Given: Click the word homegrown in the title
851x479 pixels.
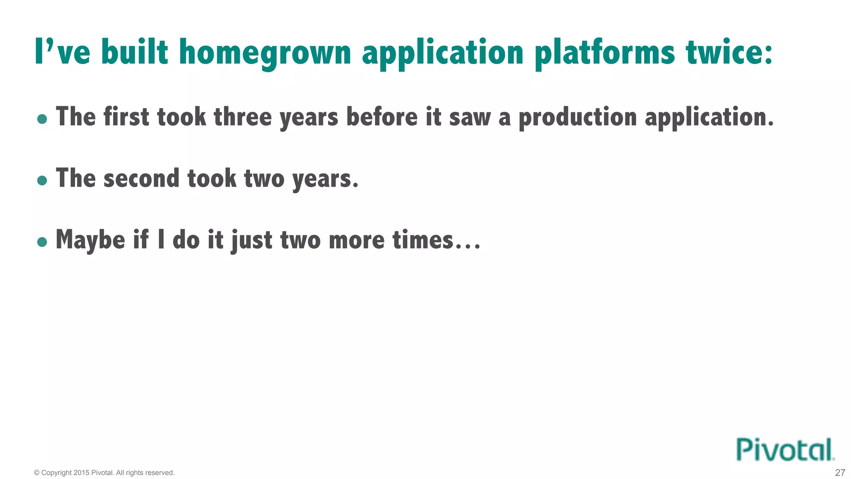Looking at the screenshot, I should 265,53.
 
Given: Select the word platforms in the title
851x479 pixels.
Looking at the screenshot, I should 605,53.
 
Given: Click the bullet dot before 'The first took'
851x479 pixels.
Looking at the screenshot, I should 42,119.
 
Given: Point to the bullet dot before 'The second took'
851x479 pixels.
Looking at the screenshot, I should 42,180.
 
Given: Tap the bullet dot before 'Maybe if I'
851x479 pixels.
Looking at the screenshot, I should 42,242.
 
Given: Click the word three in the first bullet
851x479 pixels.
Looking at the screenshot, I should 243,117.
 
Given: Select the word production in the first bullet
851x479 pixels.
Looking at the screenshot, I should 578,118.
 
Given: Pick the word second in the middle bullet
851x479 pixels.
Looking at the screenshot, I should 141,178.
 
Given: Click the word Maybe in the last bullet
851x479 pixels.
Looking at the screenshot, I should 90,240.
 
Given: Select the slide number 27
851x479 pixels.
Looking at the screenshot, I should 840,473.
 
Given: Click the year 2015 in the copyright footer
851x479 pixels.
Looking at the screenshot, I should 81,473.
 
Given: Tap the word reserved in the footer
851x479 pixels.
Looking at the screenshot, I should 160,473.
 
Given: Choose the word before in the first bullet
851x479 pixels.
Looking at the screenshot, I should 382,117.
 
